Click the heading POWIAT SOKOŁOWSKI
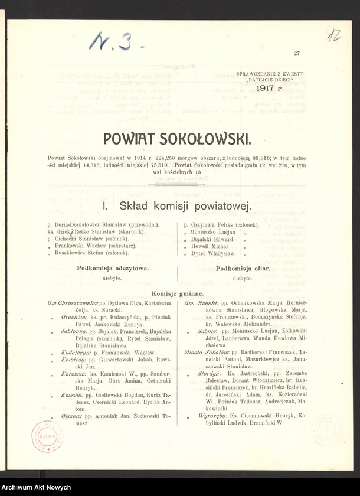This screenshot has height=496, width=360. [177, 139]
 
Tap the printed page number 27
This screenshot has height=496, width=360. [297, 53]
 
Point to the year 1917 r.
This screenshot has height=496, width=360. [270, 88]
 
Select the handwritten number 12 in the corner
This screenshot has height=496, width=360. [334, 35]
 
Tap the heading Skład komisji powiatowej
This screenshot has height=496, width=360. [177, 206]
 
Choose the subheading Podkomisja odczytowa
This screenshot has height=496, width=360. [113, 268]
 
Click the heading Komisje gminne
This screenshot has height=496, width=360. [178, 293]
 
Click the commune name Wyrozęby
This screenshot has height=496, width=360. [211, 416]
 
